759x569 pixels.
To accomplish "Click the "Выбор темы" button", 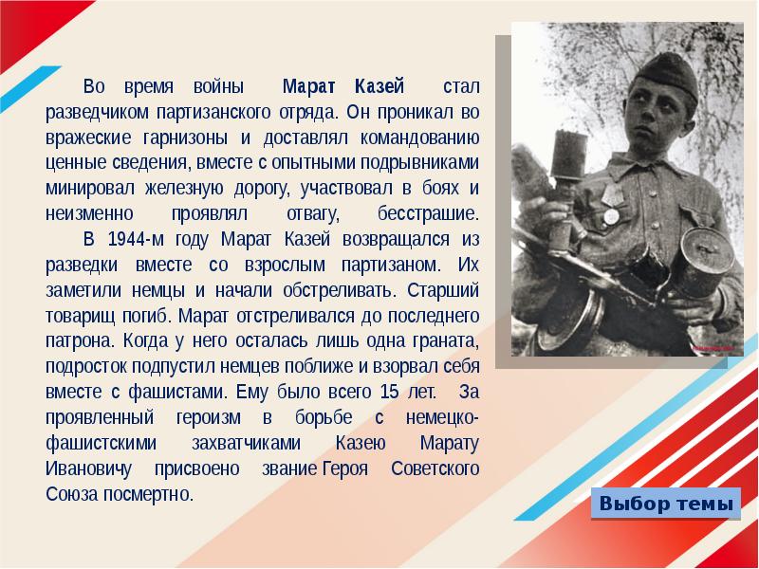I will [667, 504].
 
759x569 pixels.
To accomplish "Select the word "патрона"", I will [77, 340].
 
